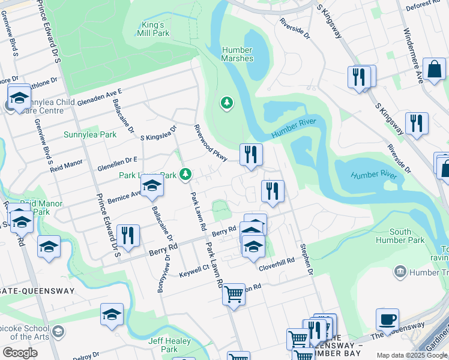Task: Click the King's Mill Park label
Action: pos(152,29)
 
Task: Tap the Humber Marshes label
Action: pos(237,54)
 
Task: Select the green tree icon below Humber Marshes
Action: pos(226,103)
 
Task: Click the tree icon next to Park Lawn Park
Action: pos(186,174)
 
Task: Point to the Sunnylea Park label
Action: pos(90,134)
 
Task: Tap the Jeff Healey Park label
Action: pos(163,344)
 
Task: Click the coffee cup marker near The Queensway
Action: pos(387,319)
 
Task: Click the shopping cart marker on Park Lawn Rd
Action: pos(234,294)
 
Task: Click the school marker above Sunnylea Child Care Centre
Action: pos(19,97)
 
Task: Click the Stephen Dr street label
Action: pos(307,259)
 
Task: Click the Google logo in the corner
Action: pos(20,353)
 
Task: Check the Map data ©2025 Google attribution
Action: pos(411,355)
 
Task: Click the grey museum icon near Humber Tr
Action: pos(400,272)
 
